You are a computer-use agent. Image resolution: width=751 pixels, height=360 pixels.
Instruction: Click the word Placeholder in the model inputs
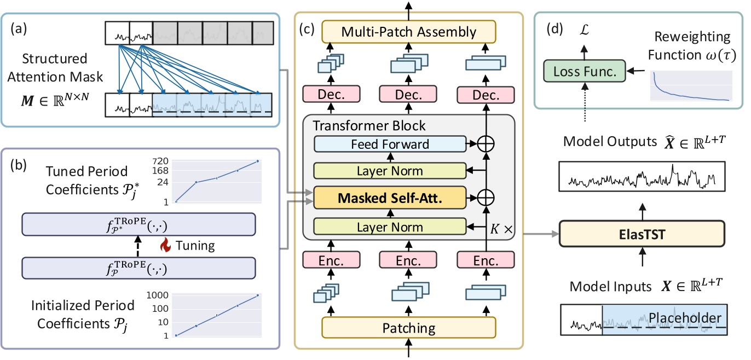[x=685, y=317]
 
